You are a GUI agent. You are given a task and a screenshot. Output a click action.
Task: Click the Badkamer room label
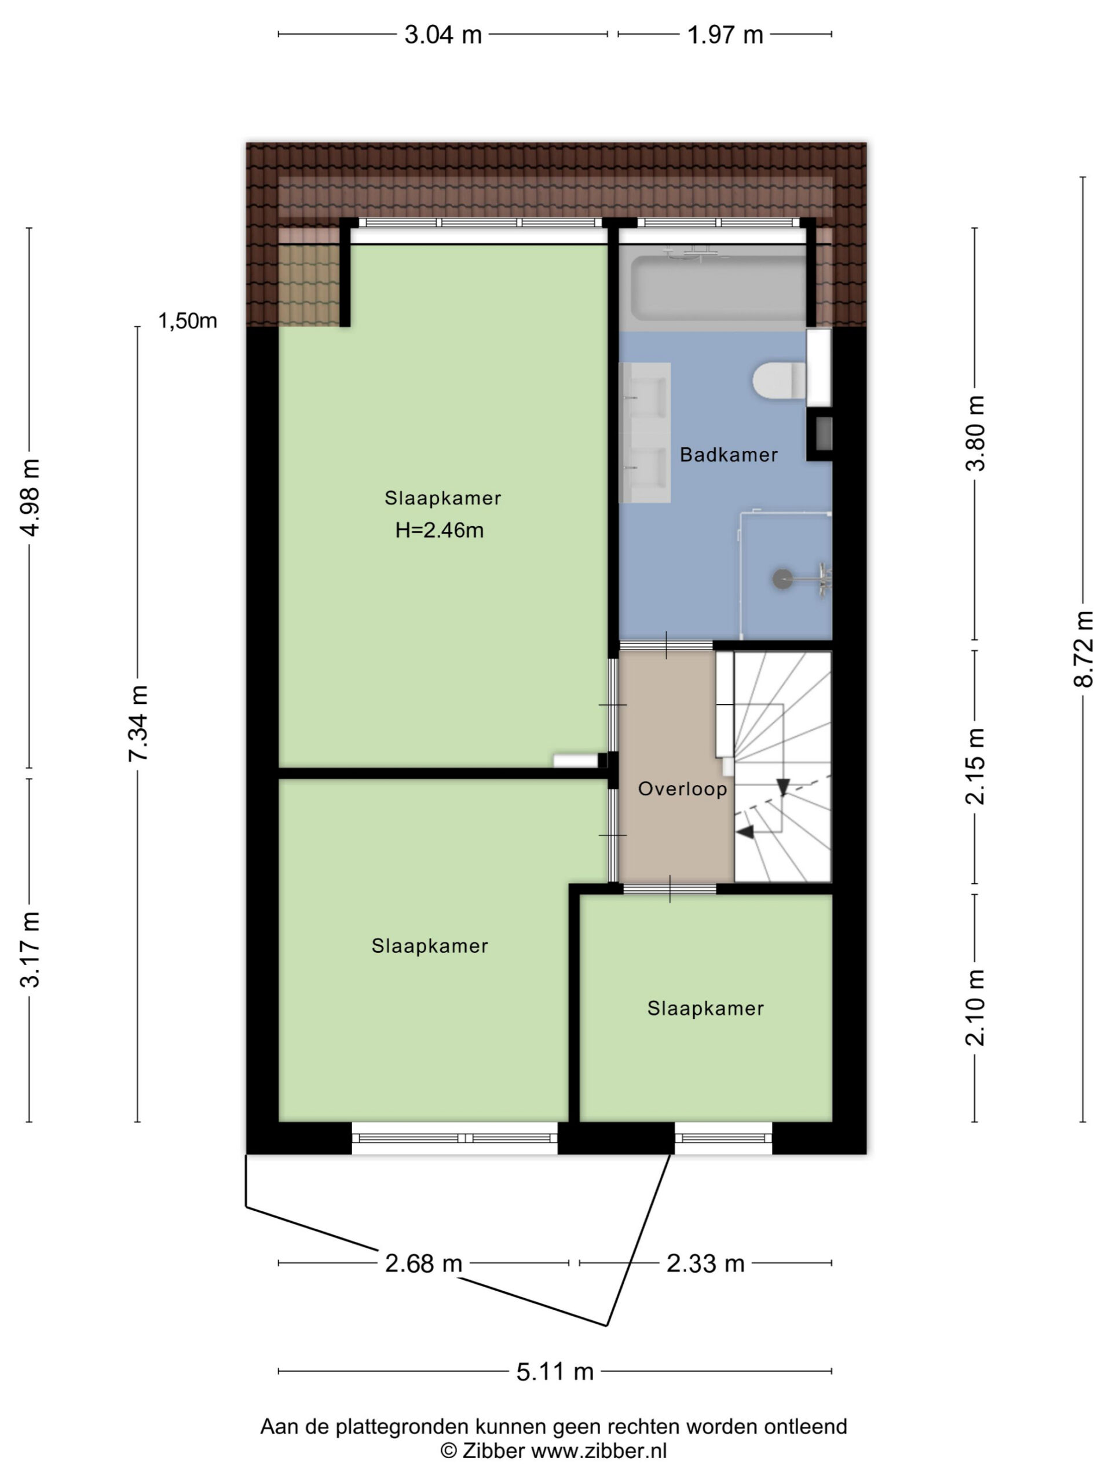pos(729,455)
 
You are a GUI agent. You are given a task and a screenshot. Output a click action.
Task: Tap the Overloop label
pos(682,788)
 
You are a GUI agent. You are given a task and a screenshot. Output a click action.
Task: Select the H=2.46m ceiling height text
pos(439,530)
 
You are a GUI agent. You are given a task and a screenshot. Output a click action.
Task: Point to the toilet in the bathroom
pos(779,380)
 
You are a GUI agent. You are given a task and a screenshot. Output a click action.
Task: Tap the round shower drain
pos(781,579)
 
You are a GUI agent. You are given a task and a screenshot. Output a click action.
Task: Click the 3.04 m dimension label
pos(443,34)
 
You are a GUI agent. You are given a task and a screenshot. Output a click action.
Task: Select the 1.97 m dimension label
pos(725,34)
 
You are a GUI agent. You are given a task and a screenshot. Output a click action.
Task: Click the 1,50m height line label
pos(188,321)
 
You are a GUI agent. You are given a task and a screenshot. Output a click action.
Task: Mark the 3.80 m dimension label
pos(975,433)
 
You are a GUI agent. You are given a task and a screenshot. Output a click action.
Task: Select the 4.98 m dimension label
pos(30,498)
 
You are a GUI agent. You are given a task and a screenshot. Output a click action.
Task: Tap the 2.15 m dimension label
pos(975,766)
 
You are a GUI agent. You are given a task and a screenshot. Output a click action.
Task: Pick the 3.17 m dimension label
pos(30,949)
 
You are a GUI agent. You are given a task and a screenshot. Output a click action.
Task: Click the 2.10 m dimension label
pos(975,1007)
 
